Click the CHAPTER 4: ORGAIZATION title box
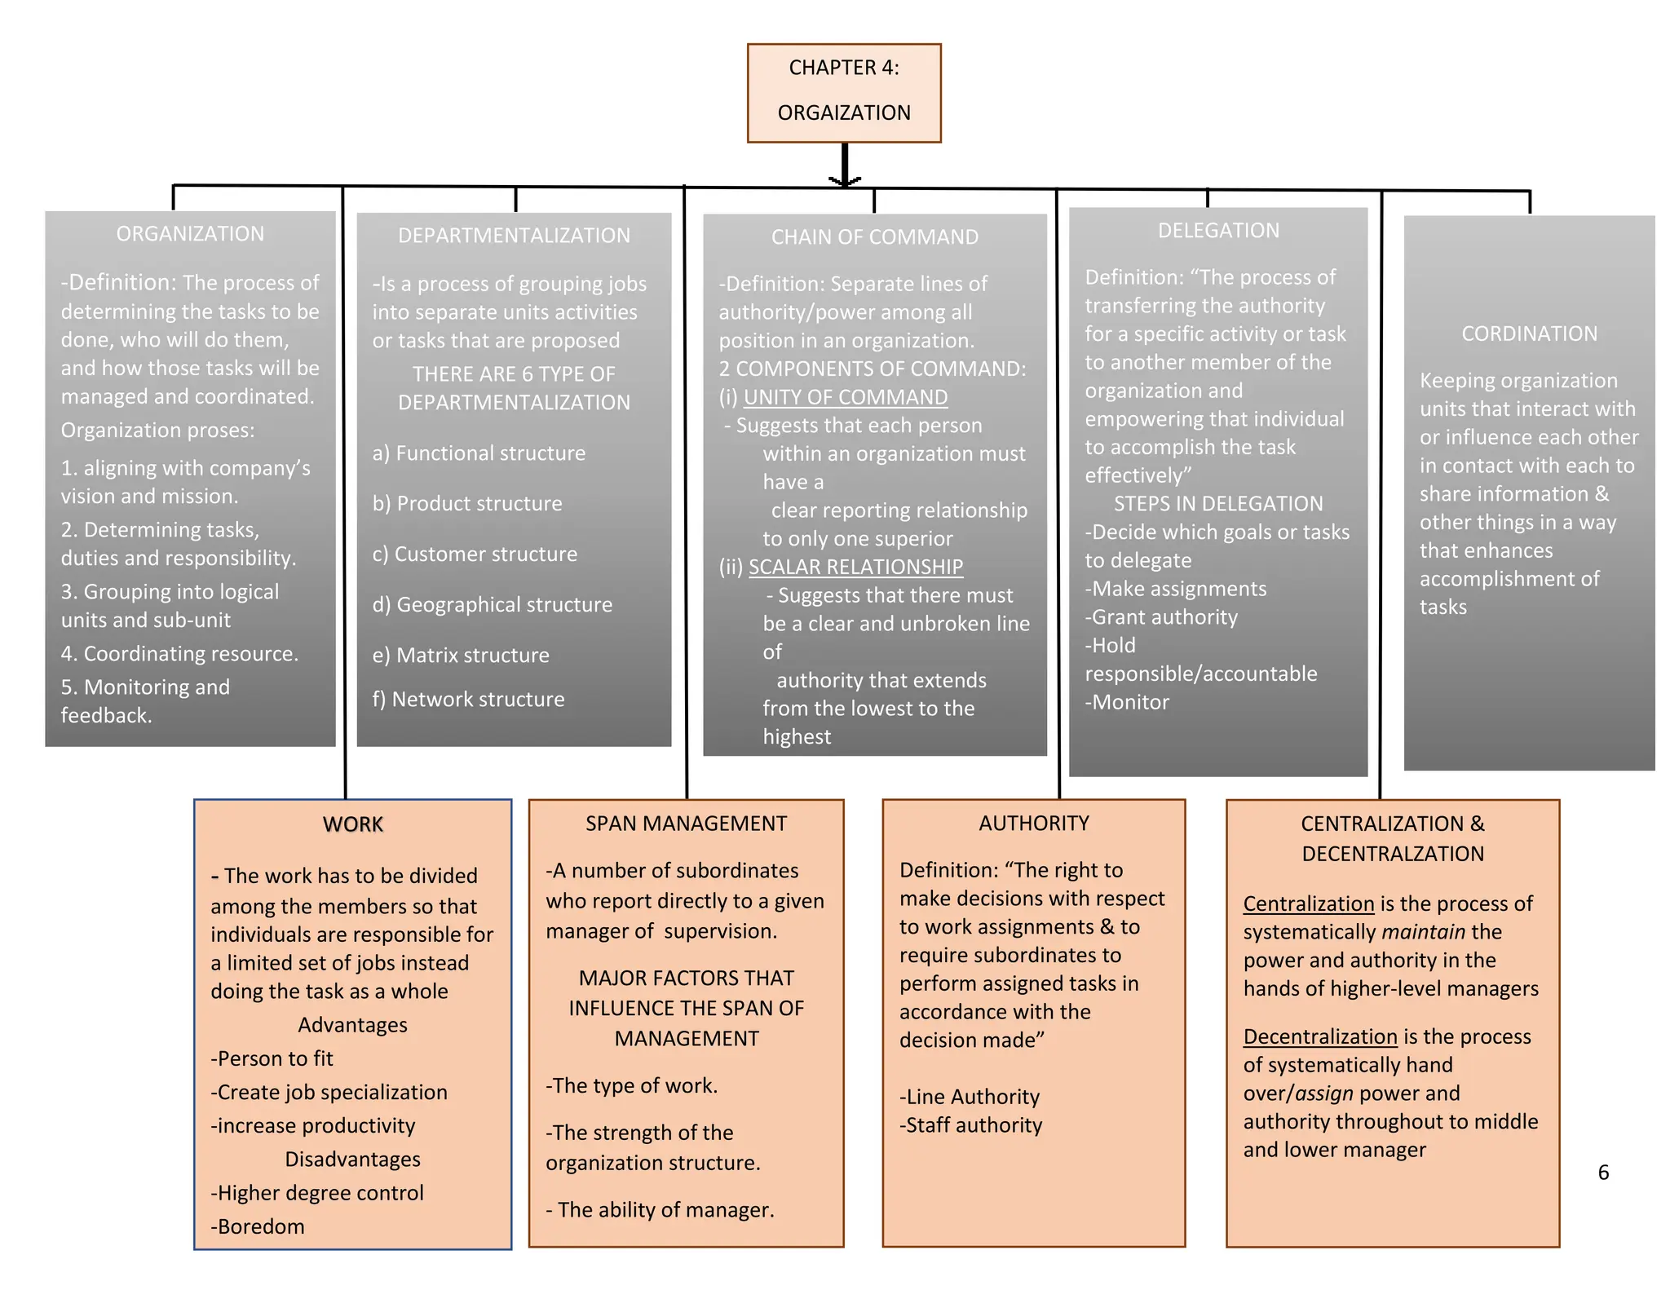pyautogui.click(x=844, y=92)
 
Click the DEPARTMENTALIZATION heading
pyautogui.click(x=514, y=236)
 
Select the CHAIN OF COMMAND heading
pyautogui.click(x=874, y=237)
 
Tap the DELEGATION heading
pyautogui.click(x=1218, y=231)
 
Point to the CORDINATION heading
pyautogui.click(x=1529, y=334)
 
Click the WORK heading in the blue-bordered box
pyautogui.click(x=352, y=824)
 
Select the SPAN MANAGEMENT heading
pyautogui.click(x=686, y=824)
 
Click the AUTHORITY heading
pyautogui.click(x=1033, y=824)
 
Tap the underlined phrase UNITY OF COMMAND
pyautogui.click(x=845, y=397)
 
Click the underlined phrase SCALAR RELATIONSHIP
pyautogui.click(x=855, y=567)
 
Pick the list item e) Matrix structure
pyautogui.click(x=461, y=656)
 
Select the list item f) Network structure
pyautogui.click(x=468, y=700)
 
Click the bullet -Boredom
pyautogui.click(x=258, y=1226)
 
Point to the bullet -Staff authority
pyautogui.click(x=970, y=1125)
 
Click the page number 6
pyautogui.click(x=1603, y=1173)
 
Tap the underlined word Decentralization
pyautogui.click(x=1319, y=1037)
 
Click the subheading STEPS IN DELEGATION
pyautogui.click(x=1218, y=504)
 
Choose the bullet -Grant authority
pyautogui.click(x=1161, y=617)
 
